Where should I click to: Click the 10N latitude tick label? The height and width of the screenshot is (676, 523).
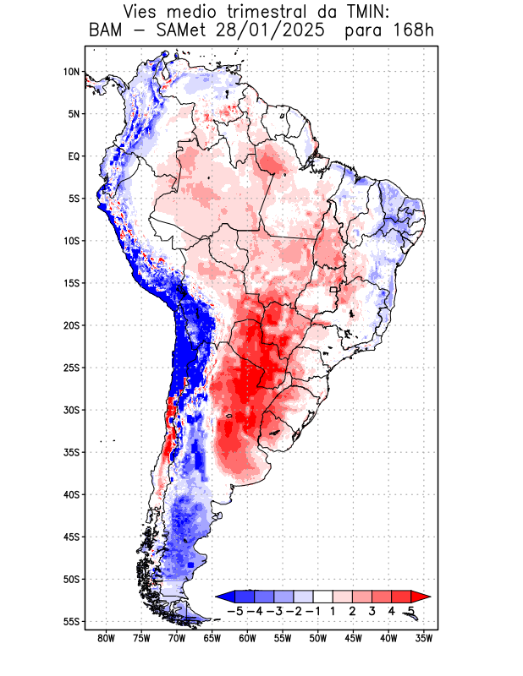coord(71,72)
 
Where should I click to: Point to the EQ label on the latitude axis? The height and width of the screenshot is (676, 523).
coord(73,156)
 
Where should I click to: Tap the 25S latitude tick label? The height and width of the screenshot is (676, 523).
coord(71,368)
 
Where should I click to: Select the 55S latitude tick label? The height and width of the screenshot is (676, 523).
coord(71,621)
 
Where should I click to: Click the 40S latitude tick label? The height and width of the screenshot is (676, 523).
coord(71,494)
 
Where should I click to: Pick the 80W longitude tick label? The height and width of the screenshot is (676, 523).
coord(107,638)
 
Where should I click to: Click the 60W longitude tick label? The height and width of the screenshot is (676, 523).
coord(248,638)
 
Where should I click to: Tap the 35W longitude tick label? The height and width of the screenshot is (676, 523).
coord(425,638)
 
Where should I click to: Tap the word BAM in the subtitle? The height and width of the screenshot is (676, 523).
coord(105,31)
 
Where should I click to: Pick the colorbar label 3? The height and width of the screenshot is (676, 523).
coord(372,610)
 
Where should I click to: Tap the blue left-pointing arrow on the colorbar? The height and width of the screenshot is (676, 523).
coord(225,597)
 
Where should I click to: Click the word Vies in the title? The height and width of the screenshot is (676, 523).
coord(142,12)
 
